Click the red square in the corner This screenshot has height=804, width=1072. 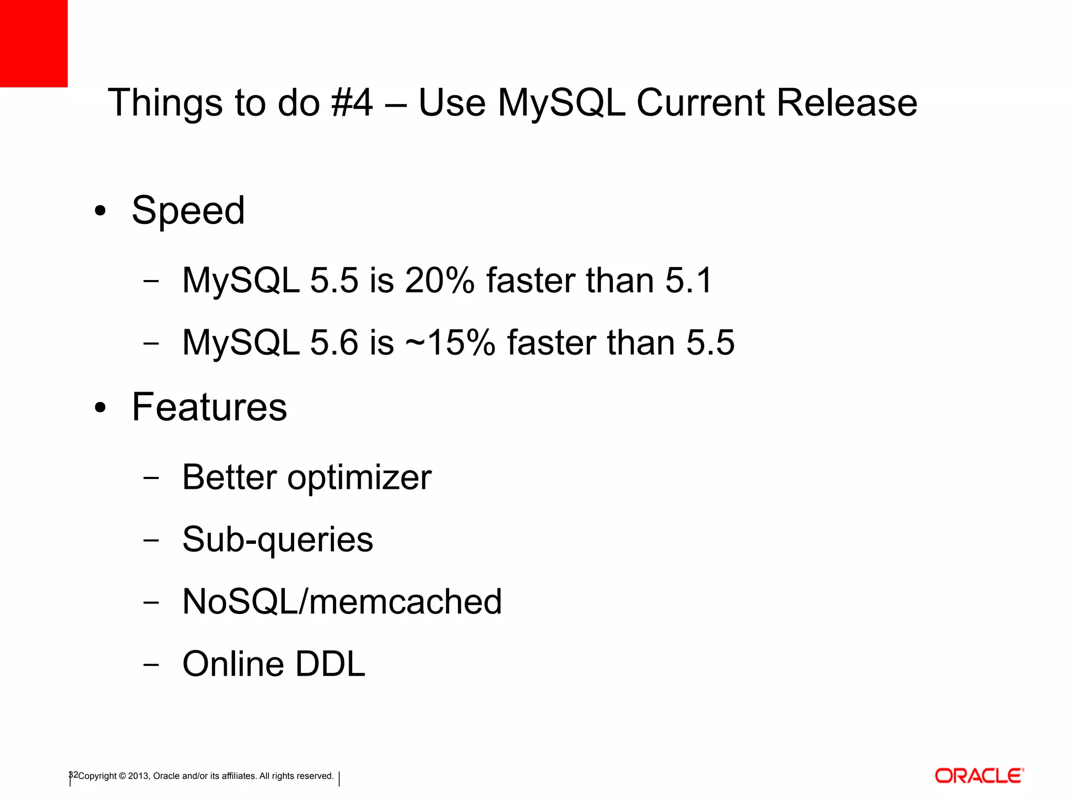(33, 43)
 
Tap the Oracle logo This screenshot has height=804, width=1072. (979, 776)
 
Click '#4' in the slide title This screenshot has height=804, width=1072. (352, 103)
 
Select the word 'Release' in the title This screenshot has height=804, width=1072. (846, 103)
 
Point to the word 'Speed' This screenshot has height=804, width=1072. (188, 210)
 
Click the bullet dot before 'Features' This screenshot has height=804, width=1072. (100, 408)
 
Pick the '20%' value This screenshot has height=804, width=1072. (439, 280)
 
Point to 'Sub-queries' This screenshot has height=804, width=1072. (277, 540)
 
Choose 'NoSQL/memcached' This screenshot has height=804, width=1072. (342, 601)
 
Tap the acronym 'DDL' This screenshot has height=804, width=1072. (330, 664)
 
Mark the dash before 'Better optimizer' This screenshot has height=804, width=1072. (151, 478)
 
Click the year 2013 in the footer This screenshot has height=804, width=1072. (139, 776)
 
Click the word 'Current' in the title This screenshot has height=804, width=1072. (700, 103)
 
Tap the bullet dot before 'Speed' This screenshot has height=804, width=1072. (100, 211)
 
